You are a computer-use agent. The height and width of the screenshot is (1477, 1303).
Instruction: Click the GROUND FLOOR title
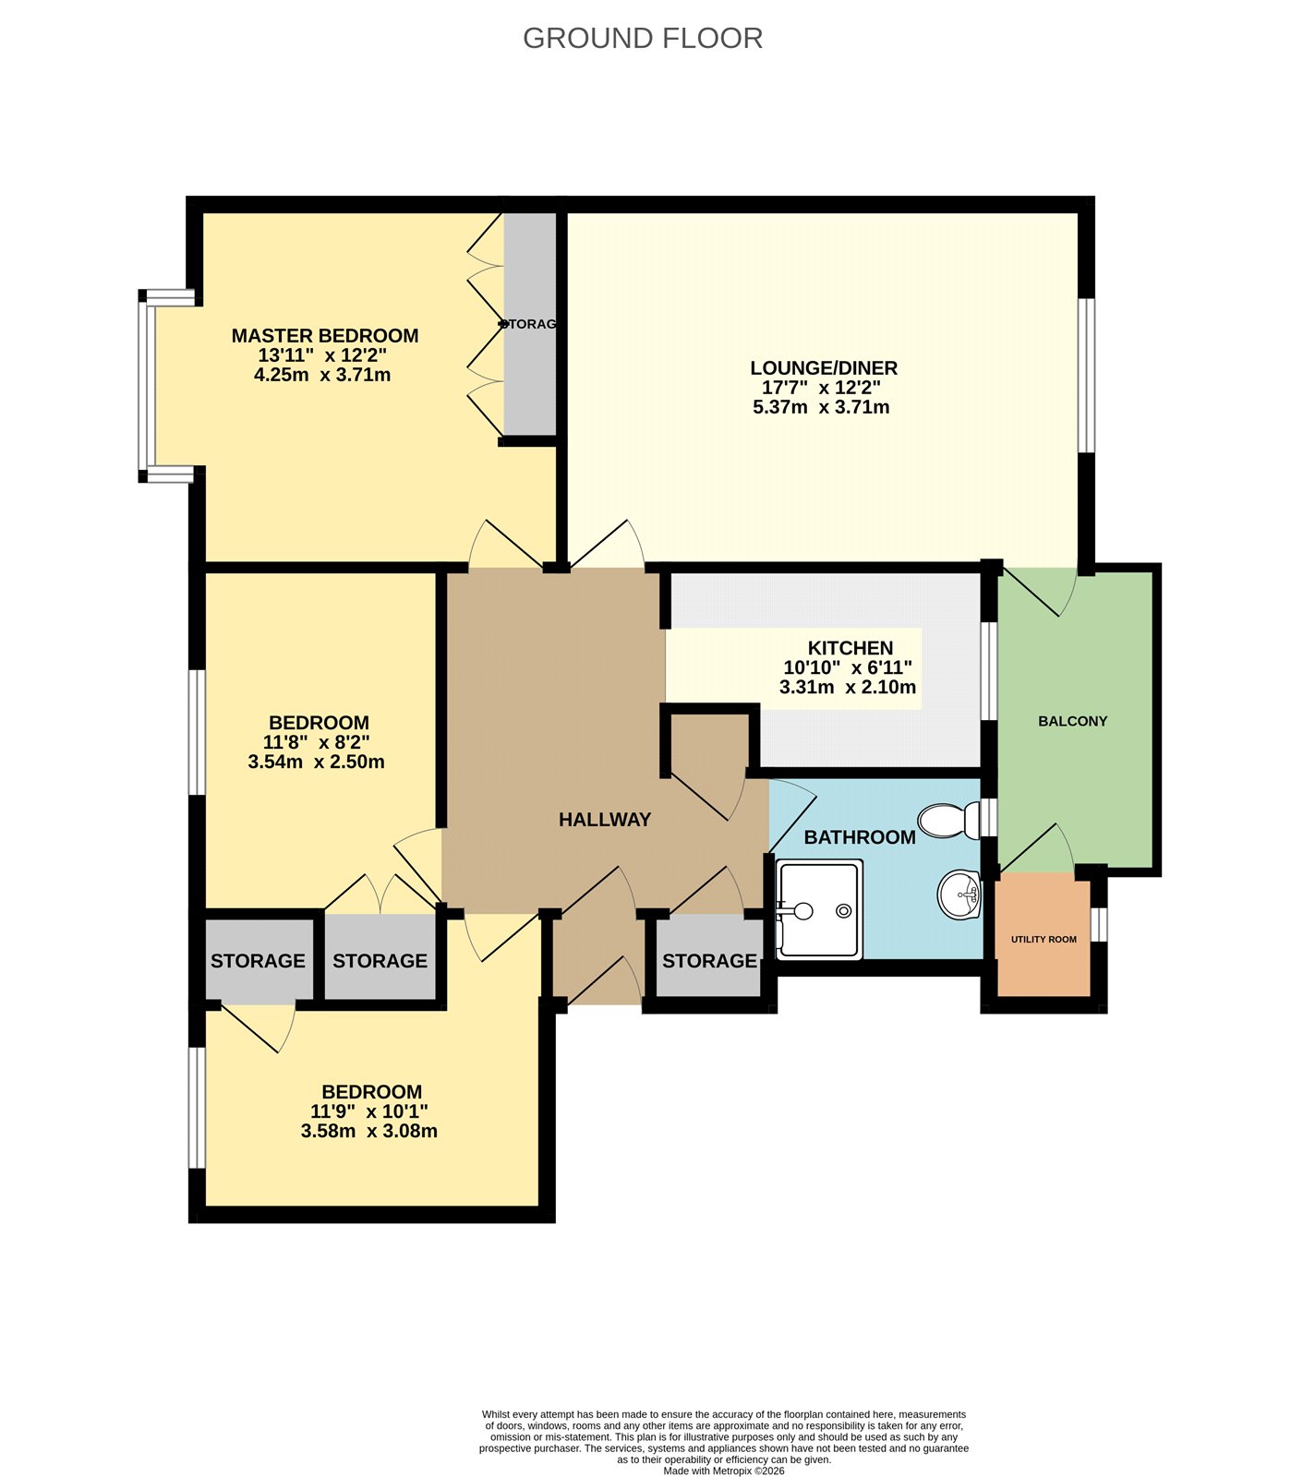643,38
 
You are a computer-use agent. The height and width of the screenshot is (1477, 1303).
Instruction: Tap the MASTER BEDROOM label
324,336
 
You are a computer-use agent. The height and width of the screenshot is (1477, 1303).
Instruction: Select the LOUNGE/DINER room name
823,367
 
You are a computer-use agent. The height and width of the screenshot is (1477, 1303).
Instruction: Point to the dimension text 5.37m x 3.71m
821,407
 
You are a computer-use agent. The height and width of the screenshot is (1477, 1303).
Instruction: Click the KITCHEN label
850,648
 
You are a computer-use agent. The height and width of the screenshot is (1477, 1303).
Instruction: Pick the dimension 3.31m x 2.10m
847,688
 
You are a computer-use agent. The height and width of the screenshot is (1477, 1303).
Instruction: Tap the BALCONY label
1072,721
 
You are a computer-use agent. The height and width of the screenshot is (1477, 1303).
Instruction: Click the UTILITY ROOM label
1044,940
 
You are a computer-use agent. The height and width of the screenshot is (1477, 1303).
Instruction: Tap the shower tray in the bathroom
820,909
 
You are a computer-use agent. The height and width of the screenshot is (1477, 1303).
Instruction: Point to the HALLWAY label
605,820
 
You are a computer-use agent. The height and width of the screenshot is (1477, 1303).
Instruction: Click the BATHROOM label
860,837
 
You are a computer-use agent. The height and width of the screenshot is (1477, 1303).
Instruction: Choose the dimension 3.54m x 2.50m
316,763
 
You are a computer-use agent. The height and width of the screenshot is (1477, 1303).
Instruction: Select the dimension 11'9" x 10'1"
368,1111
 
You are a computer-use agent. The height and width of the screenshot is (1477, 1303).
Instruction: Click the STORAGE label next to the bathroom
709,961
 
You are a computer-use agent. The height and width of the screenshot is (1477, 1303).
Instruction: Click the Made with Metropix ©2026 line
724,1471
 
